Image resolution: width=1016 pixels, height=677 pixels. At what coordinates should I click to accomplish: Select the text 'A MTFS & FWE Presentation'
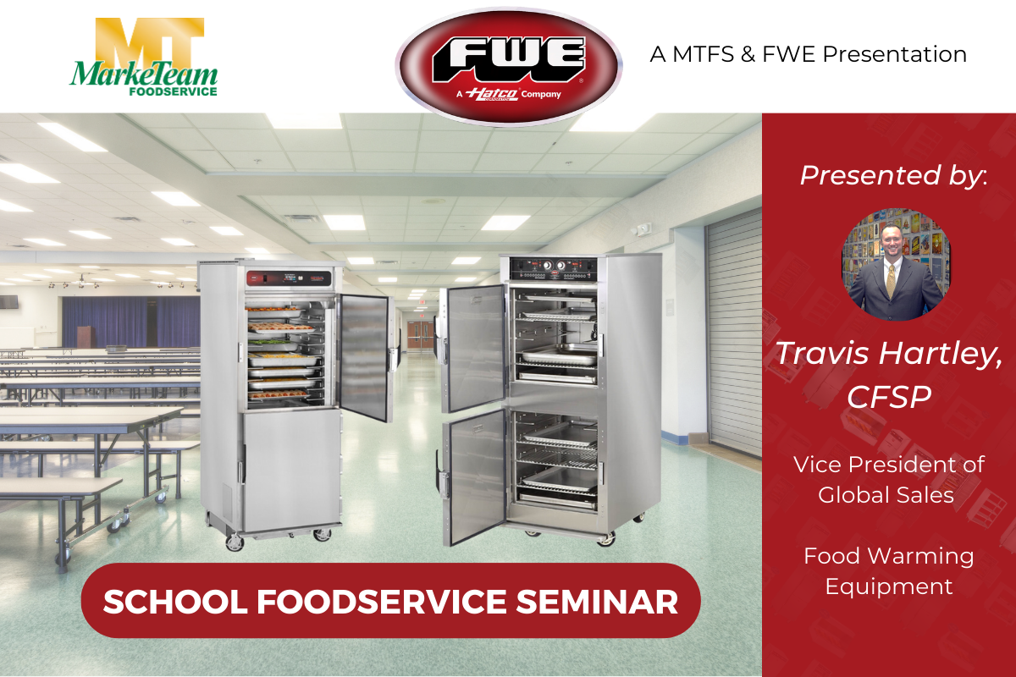click(808, 55)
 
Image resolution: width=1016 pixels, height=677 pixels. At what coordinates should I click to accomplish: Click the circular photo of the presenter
click(896, 264)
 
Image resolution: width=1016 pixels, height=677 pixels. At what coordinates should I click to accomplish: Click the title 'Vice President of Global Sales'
click(888, 479)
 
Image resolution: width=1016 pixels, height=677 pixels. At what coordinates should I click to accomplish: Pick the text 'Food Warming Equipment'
click(888, 570)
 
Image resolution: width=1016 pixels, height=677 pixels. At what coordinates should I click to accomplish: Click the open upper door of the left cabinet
click(365, 355)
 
